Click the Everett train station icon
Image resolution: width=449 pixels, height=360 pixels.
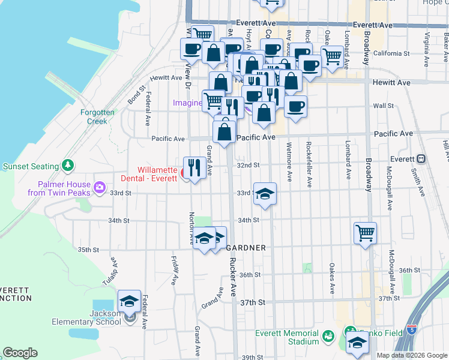pyautogui.click(x=421, y=159)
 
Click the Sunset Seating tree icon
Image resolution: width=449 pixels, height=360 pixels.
pyautogui.click(x=68, y=166)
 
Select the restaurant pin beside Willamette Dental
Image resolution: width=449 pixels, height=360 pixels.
pyautogui.click(x=193, y=167)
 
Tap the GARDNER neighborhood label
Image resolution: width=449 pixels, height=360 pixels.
pyautogui.click(x=246, y=248)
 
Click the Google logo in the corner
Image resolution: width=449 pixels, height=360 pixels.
pyautogui.click(x=20, y=353)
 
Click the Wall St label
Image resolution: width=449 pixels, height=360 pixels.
pyautogui.click(x=383, y=106)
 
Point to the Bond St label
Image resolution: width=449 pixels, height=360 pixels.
pyautogui.click(x=137, y=96)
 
